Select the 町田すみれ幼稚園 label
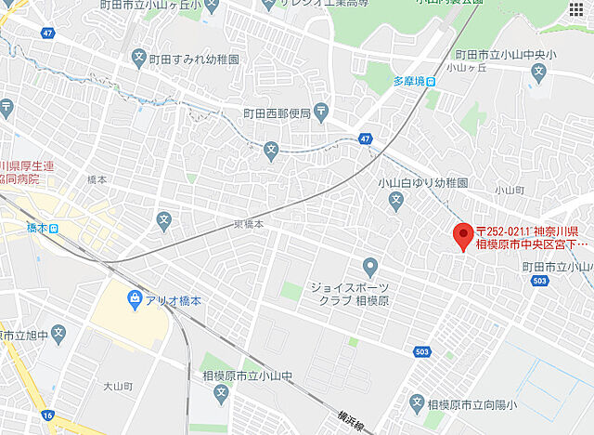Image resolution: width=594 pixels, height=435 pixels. (x=195, y=57)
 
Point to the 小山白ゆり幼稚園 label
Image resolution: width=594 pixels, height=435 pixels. (x=419, y=184)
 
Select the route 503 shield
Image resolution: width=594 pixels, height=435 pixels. (x=423, y=351)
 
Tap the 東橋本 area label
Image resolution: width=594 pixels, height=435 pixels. (x=248, y=224)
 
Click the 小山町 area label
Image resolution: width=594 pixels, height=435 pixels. (x=510, y=190)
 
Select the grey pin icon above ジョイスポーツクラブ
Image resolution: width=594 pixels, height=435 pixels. (x=369, y=268)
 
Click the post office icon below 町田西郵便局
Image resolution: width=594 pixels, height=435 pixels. (x=319, y=112)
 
